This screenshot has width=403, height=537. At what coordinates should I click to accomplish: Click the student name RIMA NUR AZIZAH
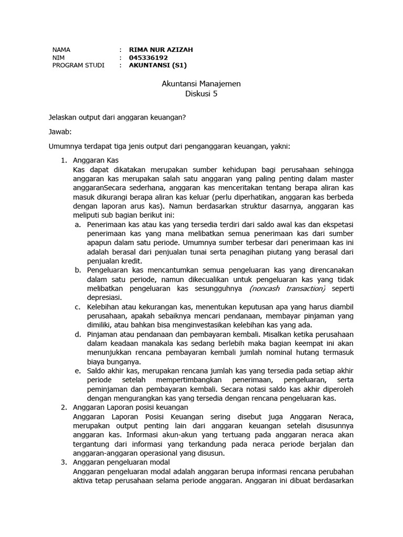tap(161, 50)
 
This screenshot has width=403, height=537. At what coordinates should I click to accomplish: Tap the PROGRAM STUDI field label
tap(78, 66)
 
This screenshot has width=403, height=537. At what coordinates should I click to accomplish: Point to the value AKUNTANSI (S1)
tap(157, 66)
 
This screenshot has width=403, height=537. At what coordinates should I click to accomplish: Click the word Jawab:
tap(60, 132)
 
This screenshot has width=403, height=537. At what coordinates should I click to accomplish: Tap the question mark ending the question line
tap(184, 117)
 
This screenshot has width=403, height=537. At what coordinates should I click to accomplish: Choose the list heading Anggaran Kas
tap(97, 160)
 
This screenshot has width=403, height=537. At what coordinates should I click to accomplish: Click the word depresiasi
tap(104, 297)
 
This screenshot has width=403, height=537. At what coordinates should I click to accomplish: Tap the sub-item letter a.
tap(77, 224)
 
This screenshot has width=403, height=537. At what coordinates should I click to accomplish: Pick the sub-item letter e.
tap(77, 371)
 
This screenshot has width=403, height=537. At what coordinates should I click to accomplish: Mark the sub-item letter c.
tap(77, 307)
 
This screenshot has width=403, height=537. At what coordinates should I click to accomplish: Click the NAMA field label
tap(61, 50)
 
